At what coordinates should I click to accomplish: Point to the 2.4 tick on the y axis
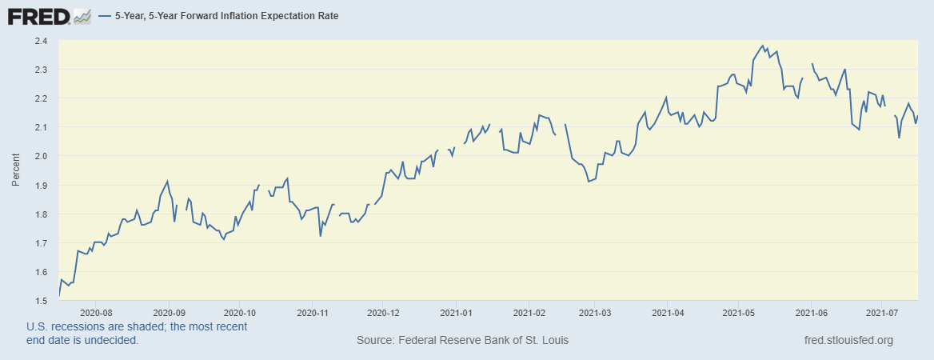click(x=40, y=41)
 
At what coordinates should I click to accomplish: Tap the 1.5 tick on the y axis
click(x=40, y=301)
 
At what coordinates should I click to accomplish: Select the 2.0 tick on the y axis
click(x=40, y=156)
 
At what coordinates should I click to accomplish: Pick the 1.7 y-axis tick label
click(x=40, y=243)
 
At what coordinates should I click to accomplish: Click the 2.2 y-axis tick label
click(x=40, y=98)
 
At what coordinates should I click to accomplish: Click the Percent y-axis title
click(x=16, y=170)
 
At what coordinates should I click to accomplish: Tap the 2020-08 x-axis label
click(x=96, y=313)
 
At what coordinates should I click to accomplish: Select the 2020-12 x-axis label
click(x=383, y=313)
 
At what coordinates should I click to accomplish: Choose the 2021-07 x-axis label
click(x=880, y=313)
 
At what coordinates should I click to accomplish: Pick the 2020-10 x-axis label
click(x=240, y=313)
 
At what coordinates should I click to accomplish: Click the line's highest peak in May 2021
click(x=763, y=46)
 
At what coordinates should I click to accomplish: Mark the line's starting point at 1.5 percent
click(x=60, y=296)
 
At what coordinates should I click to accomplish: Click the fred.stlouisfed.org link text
click(x=848, y=341)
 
